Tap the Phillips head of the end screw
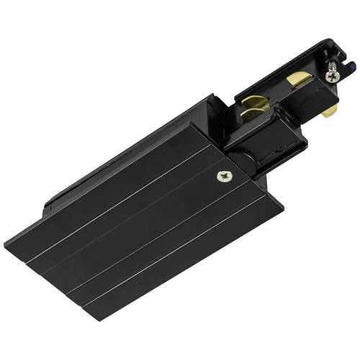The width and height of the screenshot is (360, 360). pyautogui.click(x=333, y=73)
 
